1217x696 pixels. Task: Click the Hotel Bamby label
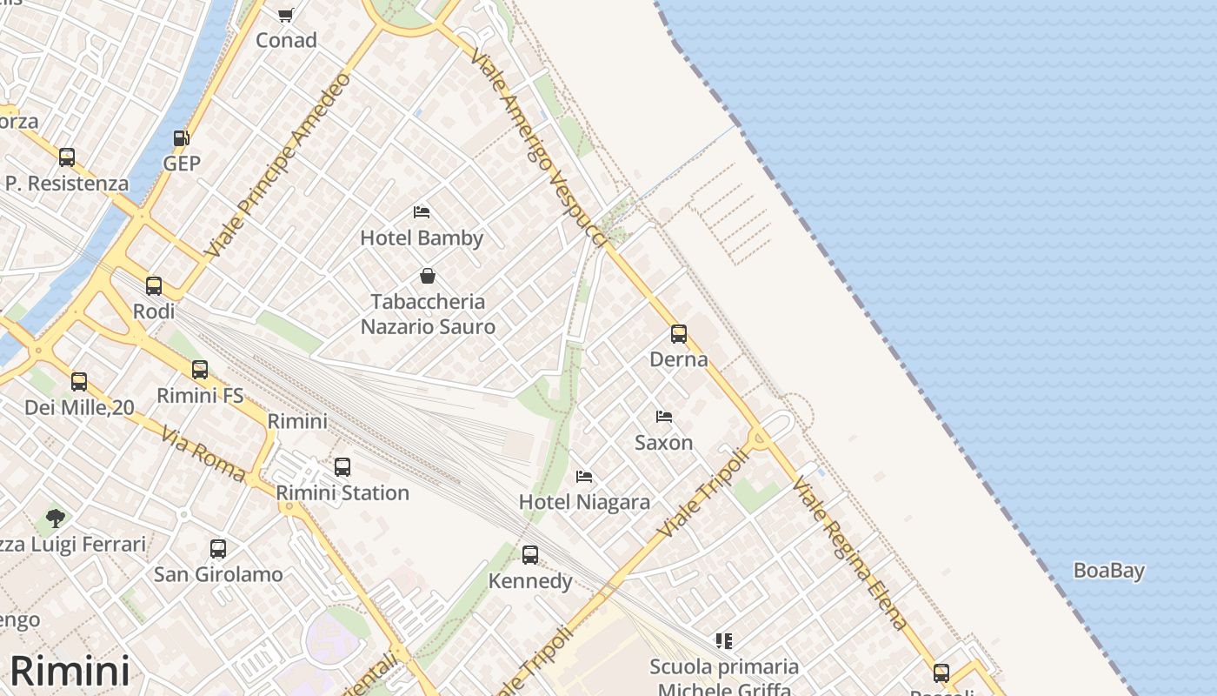[x=422, y=238]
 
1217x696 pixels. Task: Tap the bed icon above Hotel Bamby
[x=422, y=212]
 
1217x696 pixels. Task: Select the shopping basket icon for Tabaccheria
[x=428, y=277]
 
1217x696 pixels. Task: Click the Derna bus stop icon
[x=679, y=334]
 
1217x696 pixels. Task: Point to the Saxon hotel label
[x=663, y=442]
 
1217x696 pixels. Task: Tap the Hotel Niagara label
[x=584, y=502]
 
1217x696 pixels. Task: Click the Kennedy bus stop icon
[x=530, y=555]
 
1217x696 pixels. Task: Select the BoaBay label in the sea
[x=1108, y=571]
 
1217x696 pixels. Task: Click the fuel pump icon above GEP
[x=182, y=138]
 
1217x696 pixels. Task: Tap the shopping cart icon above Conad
[x=286, y=15]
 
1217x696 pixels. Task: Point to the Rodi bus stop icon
[x=154, y=286]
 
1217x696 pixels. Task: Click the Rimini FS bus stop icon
[x=200, y=370]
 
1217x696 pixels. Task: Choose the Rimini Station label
[x=342, y=492]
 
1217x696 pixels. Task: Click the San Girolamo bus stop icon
[x=218, y=549]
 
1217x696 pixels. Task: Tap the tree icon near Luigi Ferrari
[x=56, y=519]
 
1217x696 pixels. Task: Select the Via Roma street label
[x=203, y=454]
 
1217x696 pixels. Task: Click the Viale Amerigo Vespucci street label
[x=537, y=144]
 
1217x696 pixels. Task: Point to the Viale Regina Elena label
[x=850, y=553]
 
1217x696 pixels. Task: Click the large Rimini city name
[x=70, y=671]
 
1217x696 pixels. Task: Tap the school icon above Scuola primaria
[x=724, y=641]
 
